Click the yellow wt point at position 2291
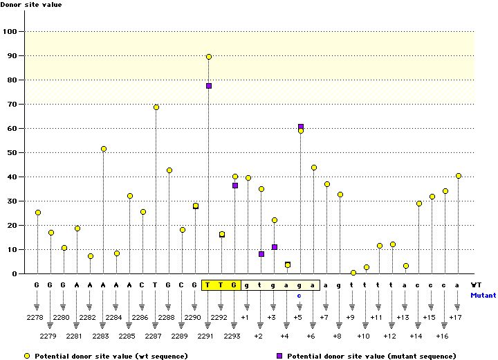[209, 57]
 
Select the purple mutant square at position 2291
[209, 86]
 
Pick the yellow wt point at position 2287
[156, 107]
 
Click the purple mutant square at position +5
[301, 127]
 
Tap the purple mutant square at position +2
[261, 254]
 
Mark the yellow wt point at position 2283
[104, 149]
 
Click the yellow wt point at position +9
[353, 273]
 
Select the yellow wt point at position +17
[459, 176]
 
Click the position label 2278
[37, 317]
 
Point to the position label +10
[364, 336]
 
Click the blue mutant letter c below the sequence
[299, 295]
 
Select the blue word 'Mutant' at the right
[483, 295]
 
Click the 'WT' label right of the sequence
[477, 285]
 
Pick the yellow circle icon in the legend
[26, 355]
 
